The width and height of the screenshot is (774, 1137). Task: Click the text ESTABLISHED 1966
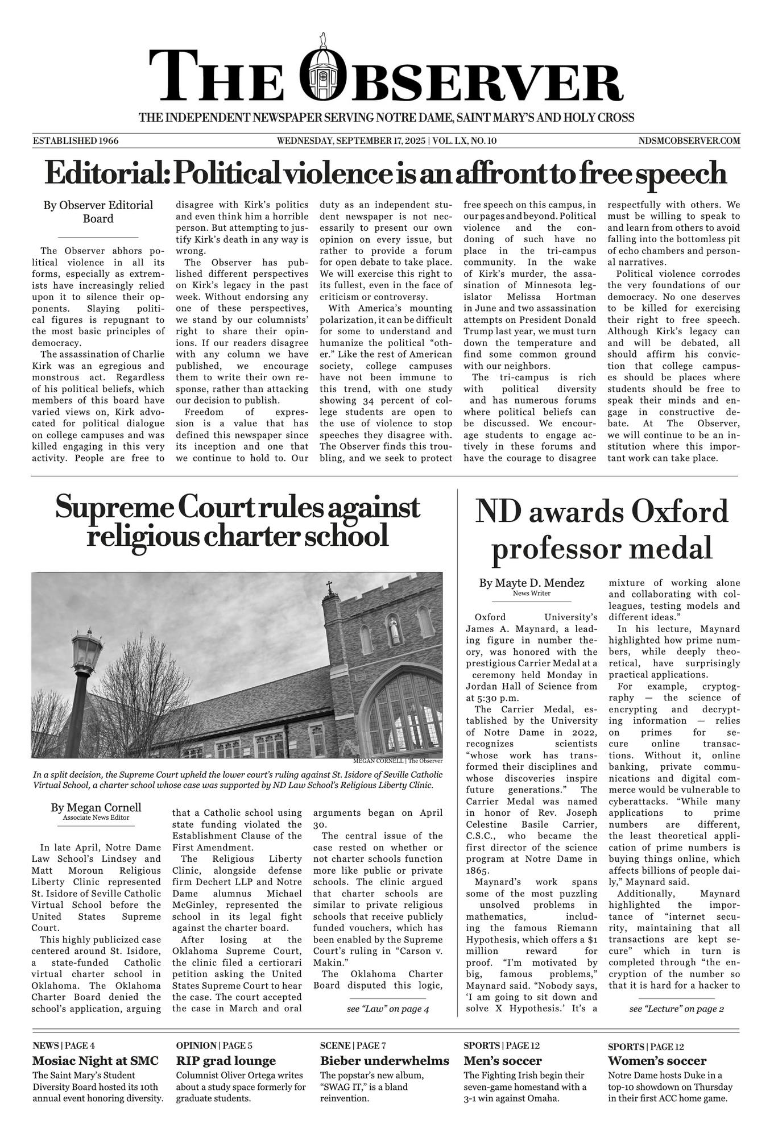click(x=76, y=140)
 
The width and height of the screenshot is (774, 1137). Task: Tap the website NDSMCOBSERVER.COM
click(x=689, y=140)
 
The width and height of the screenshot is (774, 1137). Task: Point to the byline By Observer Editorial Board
click(x=98, y=212)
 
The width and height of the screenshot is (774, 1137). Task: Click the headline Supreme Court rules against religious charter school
click(x=237, y=521)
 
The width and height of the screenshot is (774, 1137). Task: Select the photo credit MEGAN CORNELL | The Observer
click(x=398, y=761)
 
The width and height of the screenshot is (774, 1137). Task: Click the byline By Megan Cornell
click(x=96, y=808)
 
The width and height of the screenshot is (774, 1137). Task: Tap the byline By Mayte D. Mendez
click(x=531, y=583)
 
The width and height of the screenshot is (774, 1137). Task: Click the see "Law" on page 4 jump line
click(x=387, y=1009)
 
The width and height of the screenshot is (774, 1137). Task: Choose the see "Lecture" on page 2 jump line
click(x=676, y=1009)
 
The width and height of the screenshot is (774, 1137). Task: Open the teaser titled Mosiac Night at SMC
click(x=96, y=1061)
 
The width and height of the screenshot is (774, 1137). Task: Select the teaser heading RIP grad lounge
click(x=226, y=1061)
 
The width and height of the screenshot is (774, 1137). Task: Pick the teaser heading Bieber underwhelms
click(x=384, y=1061)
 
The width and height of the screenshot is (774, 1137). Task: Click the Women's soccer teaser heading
click(x=657, y=1061)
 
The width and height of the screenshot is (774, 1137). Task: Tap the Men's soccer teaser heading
click(x=503, y=1061)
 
